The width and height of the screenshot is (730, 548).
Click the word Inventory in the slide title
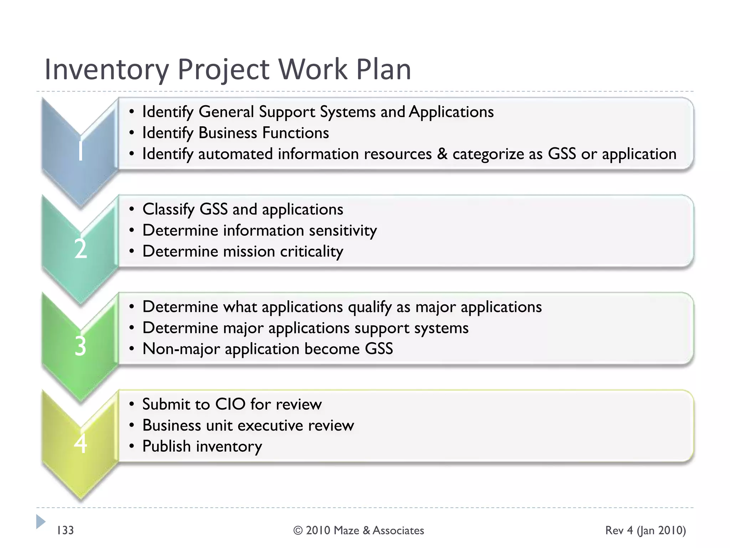tap(106, 70)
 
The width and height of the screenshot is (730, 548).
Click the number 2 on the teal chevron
tap(81, 248)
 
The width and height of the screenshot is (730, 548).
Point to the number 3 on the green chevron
tap(81, 346)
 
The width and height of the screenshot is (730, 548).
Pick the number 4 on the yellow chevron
tap(81, 443)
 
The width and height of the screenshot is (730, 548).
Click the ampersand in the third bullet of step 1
tap(442, 154)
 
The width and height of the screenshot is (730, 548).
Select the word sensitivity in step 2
tap(343, 230)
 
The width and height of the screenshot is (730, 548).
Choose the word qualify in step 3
tap(370, 307)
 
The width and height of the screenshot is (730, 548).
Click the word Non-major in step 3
tap(181, 349)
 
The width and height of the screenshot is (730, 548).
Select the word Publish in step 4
tap(166, 446)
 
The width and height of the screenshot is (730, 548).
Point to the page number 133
tap(65, 530)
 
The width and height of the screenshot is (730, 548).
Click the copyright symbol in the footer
tap(298, 531)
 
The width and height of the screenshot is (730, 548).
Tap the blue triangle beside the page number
tap(41, 522)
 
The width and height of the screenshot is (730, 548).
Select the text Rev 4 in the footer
tap(619, 530)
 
